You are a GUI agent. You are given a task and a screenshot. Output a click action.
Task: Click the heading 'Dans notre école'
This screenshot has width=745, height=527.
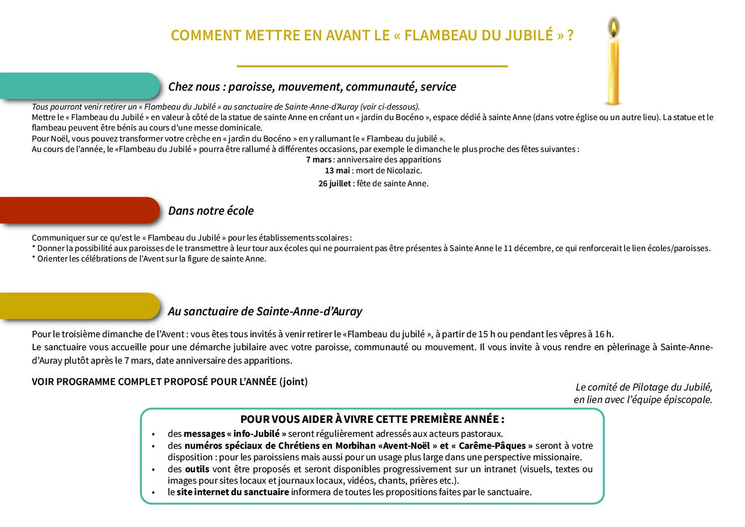(211, 211)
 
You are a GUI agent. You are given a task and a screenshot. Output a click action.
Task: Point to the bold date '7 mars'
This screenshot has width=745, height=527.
(319, 159)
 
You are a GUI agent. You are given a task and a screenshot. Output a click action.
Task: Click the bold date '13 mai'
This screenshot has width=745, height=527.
(337, 170)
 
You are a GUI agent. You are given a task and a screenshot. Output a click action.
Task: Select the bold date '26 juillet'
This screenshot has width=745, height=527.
(334, 183)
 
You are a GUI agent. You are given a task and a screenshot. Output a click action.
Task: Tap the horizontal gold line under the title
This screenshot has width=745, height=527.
(372, 66)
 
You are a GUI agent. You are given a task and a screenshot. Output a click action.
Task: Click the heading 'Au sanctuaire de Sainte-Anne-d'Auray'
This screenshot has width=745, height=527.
(265, 311)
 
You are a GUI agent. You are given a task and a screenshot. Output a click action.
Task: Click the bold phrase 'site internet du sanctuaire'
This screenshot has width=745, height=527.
(232, 492)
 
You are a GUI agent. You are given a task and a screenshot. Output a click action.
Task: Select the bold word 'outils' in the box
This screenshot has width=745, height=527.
(197, 469)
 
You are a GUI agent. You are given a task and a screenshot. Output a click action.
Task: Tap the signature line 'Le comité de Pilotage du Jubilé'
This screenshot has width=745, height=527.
(643, 387)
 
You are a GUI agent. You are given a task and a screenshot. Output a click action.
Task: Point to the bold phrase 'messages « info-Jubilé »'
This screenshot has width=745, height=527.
(235, 434)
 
